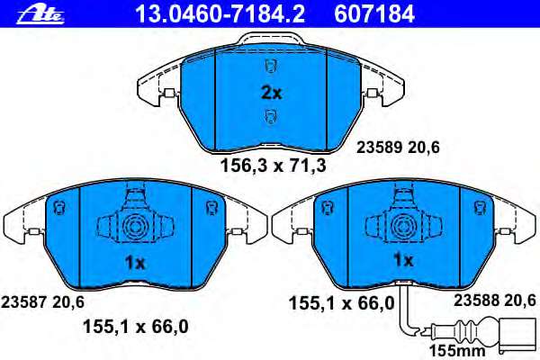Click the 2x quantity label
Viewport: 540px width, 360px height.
click(x=271, y=93)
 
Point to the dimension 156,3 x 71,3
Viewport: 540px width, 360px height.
click(x=273, y=166)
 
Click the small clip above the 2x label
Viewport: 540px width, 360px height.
click(x=270, y=64)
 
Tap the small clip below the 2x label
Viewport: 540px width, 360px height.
click(x=270, y=115)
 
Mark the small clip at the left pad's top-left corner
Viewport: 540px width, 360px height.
click(x=58, y=207)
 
